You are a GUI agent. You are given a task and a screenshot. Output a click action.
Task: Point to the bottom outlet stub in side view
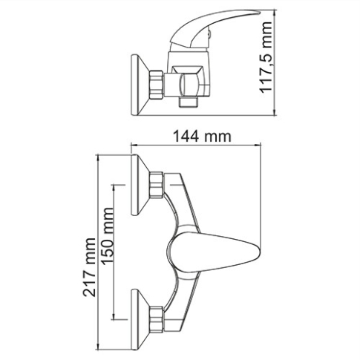click(x=189, y=98)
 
